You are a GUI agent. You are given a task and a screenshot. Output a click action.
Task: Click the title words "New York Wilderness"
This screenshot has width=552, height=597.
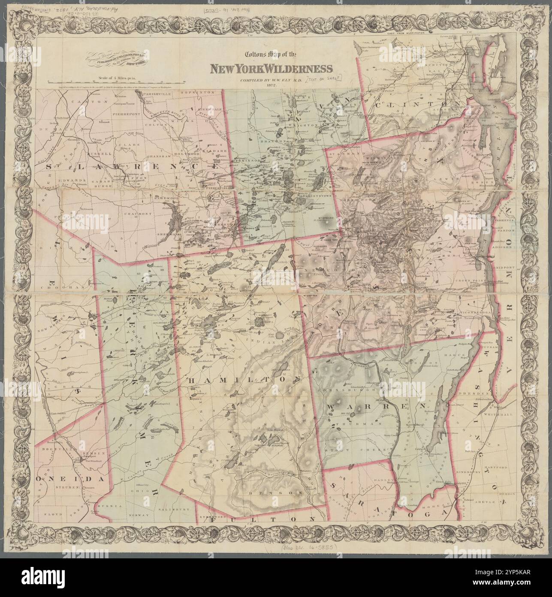[270, 69]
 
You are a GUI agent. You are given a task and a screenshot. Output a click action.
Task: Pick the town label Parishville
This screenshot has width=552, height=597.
[156, 93]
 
